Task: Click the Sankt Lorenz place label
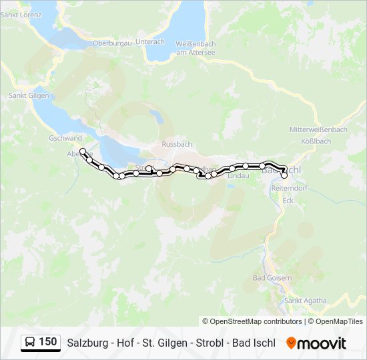coord(21,13)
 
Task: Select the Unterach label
coord(149,41)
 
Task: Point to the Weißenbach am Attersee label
coord(195,47)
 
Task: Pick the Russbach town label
coord(176,143)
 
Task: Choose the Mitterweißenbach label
coord(318,129)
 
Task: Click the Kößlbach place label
coord(316,141)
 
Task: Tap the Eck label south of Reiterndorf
coord(288,200)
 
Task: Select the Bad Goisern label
coord(272,277)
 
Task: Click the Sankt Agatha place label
coord(306,301)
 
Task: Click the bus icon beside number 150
coord(30,343)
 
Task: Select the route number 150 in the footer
coord(48,343)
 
